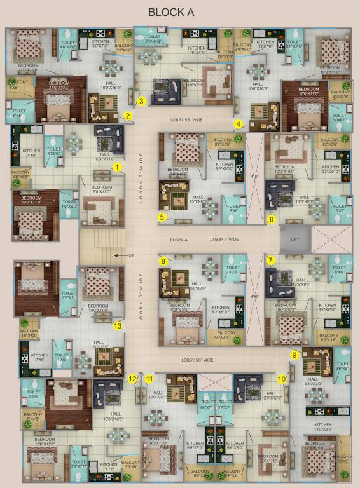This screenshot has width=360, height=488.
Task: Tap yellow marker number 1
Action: click(x=117, y=166)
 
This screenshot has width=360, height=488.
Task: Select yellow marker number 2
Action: click(x=128, y=116)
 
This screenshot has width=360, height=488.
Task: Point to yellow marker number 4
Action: click(x=239, y=124)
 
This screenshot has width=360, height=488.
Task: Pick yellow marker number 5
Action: click(x=162, y=218)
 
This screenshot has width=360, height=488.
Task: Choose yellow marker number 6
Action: click(x=271, y=220)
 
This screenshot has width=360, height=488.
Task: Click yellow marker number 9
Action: click(x=294, y=355)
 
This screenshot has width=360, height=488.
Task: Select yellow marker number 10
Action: click(x=281, y=379)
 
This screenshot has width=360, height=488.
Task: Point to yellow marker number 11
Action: click(x=149, y=379)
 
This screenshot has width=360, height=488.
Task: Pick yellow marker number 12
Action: click(x=132, y=379)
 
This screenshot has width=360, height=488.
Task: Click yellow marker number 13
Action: click(x=117, y=326)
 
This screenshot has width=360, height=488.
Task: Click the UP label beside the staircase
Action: click(x=132, y=255)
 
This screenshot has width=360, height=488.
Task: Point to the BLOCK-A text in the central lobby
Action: click(x=179, y=240)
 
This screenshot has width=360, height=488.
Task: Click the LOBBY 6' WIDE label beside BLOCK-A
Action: click(x=225, y=240)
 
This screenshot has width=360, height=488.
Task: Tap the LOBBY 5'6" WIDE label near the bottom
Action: click(x=197, y=360)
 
